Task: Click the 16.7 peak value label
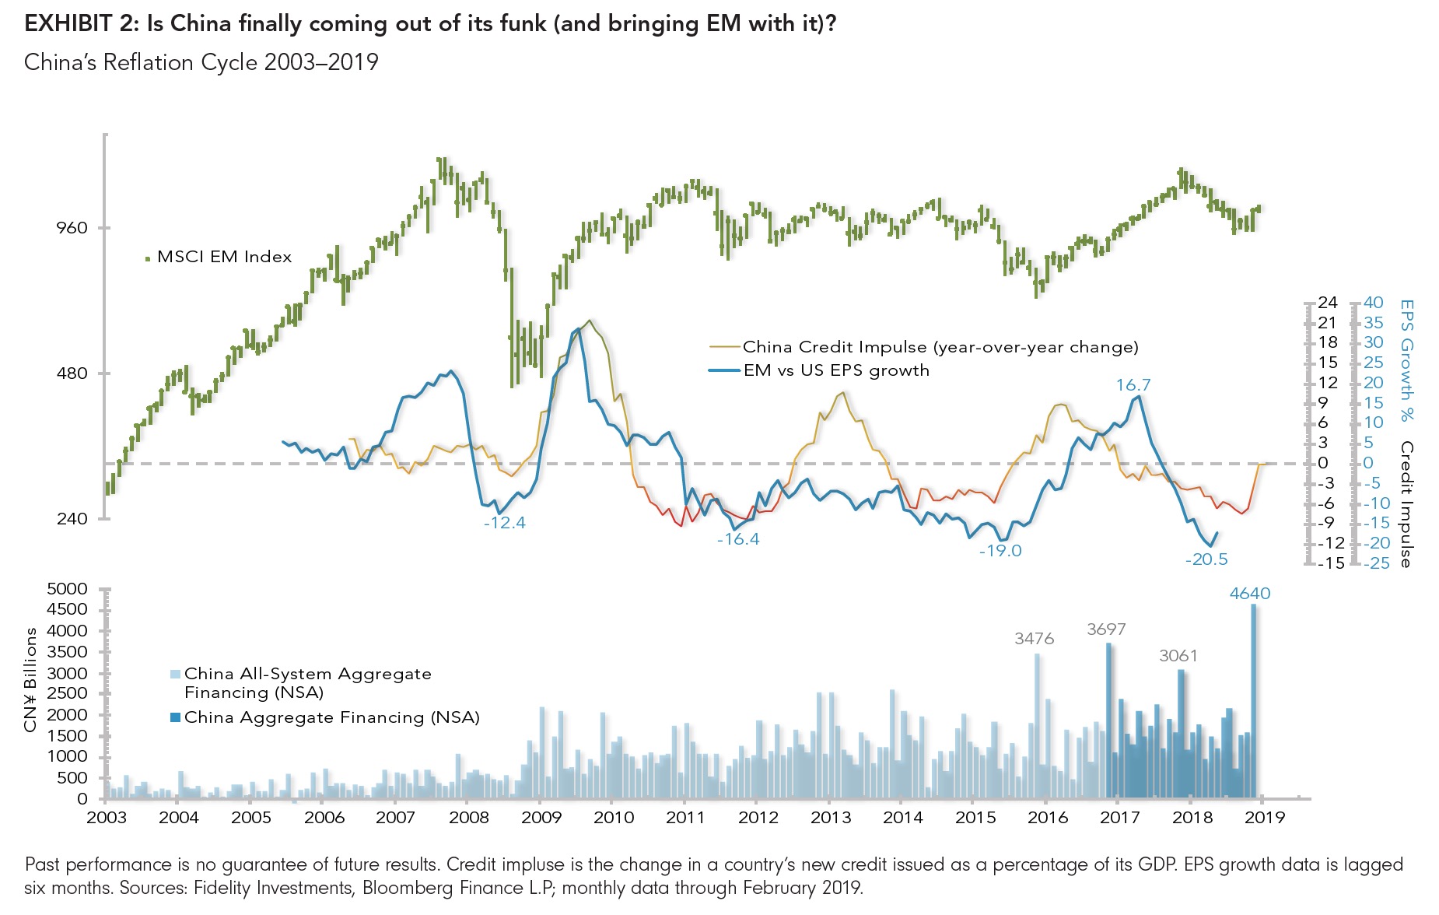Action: (x=1133, y=385)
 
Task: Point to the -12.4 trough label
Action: (x=504, y=523)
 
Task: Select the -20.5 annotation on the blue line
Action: (x=1206, y=559)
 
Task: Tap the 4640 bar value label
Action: (x=1249, y=594)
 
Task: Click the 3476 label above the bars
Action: (x=1034, y=639)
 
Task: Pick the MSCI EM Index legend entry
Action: (x=224, y=257)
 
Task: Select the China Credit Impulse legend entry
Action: (x=940, y=347)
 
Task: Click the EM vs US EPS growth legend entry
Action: (x=836, y=370)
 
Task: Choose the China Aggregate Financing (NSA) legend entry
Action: (x=331, y=717)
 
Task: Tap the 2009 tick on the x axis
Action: (x=541, y=818)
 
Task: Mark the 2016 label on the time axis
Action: (x=1048, y=818)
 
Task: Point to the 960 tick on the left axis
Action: (x=72, y=228)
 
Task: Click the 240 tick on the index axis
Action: (x=72, y=519)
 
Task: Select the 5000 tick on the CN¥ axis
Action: (x=67, y=589)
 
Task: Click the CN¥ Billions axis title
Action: (x=31, y=679)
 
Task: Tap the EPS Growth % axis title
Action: (x=1406, y=360)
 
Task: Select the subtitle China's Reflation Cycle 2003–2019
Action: (x=201, y=62)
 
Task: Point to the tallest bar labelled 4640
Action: (x=1253, y=700)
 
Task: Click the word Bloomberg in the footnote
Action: (x=401, y=888)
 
